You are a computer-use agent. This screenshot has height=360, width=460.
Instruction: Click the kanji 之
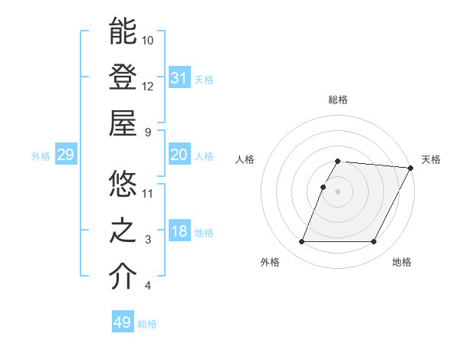[123, 231]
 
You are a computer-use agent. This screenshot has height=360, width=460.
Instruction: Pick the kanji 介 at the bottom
[123, 277]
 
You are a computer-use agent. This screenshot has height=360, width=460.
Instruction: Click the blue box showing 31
[179, 77]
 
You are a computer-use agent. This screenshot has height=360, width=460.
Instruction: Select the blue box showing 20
[179, 155]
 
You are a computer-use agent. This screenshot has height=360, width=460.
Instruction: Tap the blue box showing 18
[179, 231]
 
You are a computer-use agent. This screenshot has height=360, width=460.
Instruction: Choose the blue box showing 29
[65, 155]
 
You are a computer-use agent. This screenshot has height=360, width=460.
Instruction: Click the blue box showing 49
[123, 322]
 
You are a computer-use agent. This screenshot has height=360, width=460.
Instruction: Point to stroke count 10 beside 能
[148, 40]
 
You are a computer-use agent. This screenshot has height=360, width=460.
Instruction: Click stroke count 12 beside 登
[148, 86]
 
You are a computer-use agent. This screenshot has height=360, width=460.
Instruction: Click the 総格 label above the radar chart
[337, 100]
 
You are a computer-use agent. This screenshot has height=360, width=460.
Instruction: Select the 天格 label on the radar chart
[431, 159]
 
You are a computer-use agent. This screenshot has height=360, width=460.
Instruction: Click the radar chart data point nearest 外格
[301, 242]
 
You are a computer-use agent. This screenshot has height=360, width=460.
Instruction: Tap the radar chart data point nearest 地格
[374, 242]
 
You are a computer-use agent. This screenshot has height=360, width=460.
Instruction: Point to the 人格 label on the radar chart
[245, 159]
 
